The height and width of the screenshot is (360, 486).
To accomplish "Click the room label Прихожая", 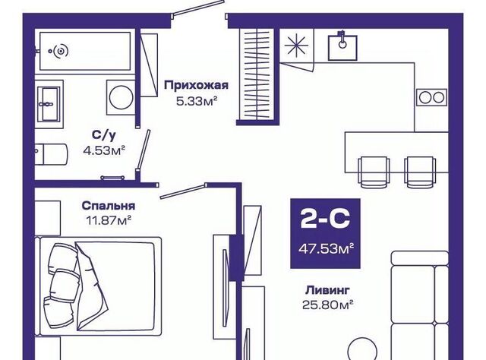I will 196,85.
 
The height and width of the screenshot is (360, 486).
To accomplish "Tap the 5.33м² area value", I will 196,99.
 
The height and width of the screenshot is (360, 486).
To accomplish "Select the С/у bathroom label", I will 103,135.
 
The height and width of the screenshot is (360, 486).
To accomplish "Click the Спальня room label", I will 109,206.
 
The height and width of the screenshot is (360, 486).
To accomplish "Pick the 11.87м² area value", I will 109,220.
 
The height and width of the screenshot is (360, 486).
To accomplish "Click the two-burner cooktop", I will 431,97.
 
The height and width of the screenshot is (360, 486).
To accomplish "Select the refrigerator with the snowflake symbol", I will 294,45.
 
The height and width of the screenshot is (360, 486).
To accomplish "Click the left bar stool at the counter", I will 372,168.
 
